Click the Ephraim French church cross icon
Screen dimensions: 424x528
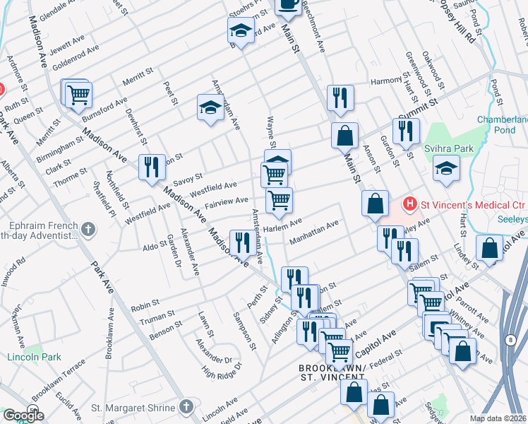[88, 228]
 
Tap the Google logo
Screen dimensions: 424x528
[23, 416]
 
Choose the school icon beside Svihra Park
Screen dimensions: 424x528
[445, 168]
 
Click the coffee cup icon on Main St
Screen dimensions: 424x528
[287, 4]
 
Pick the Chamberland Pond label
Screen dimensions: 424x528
[502, 125]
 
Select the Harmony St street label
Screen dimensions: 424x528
[386, 81]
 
